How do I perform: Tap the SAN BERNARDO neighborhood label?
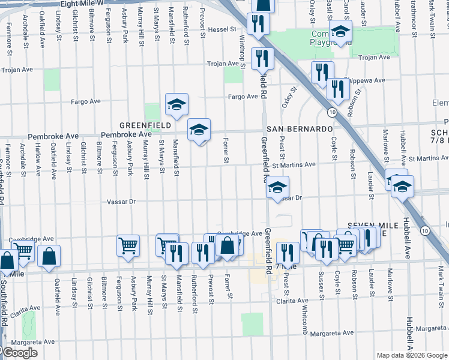tap(300, 130)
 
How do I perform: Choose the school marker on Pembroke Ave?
tap(199, 128)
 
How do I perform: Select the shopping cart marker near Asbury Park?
tap(128, 245)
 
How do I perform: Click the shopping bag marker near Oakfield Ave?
tap(49, 256)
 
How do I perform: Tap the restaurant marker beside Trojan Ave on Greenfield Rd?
tap(262, 58)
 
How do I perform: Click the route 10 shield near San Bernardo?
tap(331, 112)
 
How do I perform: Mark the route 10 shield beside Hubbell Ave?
tap(425, 230)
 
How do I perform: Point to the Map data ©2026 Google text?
tap(412, 355)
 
